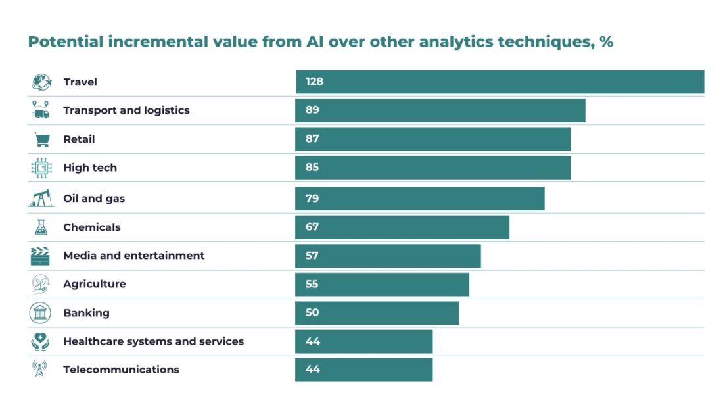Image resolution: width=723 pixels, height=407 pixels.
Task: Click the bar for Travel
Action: [500, 82]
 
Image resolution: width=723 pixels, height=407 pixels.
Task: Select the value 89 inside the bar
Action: [312, 110]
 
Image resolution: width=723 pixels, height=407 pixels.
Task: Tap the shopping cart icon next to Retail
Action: [41, 139]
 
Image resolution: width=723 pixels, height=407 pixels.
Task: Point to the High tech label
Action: [90, 168]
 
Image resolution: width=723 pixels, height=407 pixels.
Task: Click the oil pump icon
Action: [40, 198]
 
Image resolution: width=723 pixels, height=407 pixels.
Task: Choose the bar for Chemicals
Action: [402, 227]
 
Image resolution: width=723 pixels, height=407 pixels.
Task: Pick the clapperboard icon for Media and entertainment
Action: [40, 256]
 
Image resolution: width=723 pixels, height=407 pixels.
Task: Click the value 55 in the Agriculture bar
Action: [312, 284]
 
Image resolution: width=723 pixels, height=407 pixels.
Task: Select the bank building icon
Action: [40, 313]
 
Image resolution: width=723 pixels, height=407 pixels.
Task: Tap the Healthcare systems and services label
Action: [153, 341]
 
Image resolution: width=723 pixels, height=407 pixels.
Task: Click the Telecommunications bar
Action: [364, 370]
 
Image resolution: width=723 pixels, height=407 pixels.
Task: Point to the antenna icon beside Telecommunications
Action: [40, 370]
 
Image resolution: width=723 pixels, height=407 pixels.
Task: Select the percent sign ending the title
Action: [606, 43]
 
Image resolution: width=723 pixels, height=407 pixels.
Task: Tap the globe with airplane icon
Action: [41, 82]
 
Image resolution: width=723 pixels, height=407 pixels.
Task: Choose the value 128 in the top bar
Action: [314, 82]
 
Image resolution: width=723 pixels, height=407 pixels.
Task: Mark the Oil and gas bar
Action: [420, 198]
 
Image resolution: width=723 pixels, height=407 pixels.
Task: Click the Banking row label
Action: [86, 313]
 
